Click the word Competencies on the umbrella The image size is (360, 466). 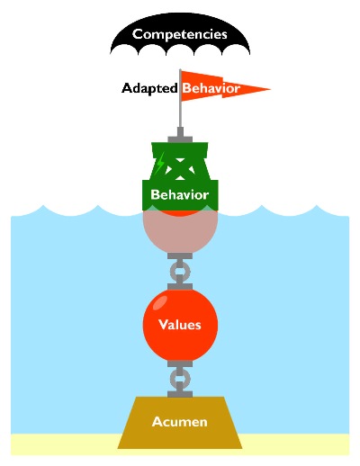[x=180, y=34]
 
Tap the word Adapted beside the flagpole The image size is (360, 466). [x=149, y=88]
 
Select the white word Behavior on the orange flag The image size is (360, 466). [x=211, y=88]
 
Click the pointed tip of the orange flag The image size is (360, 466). [x=271, y=89]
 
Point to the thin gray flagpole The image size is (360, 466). [x=180, y=98]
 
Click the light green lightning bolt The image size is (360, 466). [x=160, y=163]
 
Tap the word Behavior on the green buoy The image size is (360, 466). [x=180, y=194]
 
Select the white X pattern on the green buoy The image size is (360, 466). [x=180, y=169]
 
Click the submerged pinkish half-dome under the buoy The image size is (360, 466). [x=180, y=232]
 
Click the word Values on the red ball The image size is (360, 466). [x=180, y=325]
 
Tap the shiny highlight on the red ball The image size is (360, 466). [x=160, y=302]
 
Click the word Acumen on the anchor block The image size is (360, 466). [x=180, y=422]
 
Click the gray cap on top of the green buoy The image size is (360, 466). [x=180, y=136]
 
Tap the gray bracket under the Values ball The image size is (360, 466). [x=180, y=363]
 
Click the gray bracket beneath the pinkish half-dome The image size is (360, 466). [x=180, y=256]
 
